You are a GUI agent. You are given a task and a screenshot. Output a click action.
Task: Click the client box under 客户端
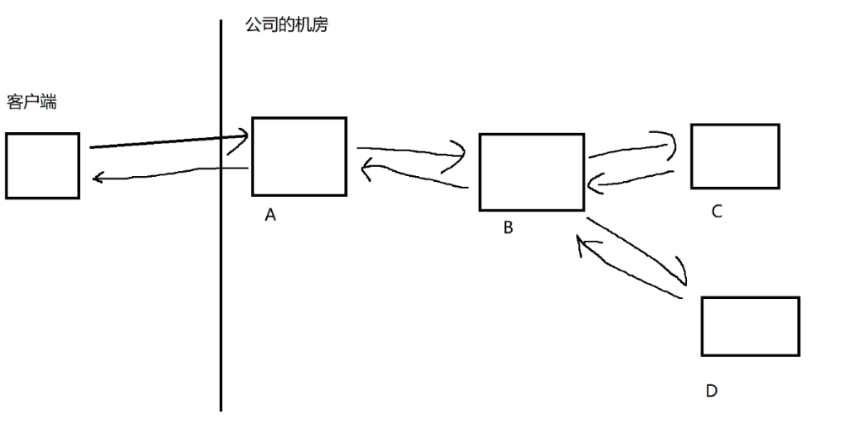pyautogui.click(x=42, y=165)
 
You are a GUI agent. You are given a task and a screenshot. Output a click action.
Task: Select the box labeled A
pyautogui.click(x=299, y=157)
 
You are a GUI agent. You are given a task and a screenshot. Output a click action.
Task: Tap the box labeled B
pyautogui.click(x=531, y=172)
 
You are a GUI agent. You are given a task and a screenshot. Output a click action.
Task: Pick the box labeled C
pyautogui.click(x=734, y=156)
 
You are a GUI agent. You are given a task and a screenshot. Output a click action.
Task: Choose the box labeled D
pyautogui.click(x=749, y=326)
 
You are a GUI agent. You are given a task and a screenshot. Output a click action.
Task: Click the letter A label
pyautogui.click(x=270, y=216)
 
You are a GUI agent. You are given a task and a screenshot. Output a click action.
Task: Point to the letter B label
pyautogui.click(x=508, y=227)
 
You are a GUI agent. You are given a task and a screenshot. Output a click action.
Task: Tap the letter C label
pyautogui.click(x=717, y=211)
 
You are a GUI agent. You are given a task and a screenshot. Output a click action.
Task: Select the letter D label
pyautogui.click(x=711, y=391)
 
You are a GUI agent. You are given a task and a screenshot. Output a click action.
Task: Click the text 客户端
pyautogui.click(x=31, y=102)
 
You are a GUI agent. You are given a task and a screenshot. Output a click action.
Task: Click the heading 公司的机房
pyautogui.click(x=286, y=25)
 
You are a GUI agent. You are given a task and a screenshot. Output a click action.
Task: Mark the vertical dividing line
pyautogui.click(x=221, y=278)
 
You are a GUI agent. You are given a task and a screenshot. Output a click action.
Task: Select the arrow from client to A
pyautogui.click(x=160, y=141)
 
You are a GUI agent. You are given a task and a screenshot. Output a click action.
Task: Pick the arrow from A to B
pyautogui.click(x=413, y=152)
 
